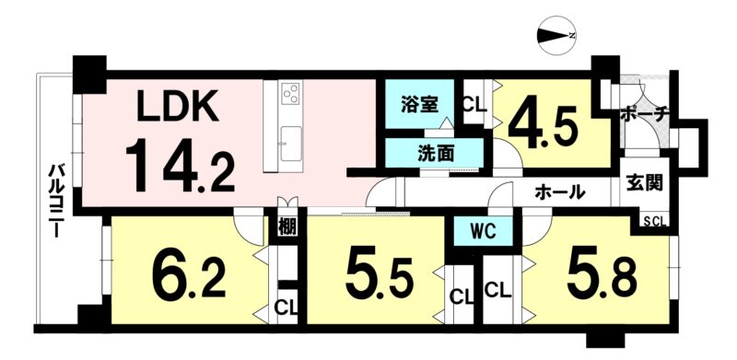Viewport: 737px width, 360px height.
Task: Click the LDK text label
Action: [177, 106]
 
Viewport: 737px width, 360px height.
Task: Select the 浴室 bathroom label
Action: [420, 105]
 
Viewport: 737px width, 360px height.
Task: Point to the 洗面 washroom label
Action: [436, 153]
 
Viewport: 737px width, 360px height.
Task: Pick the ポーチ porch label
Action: [644, 114]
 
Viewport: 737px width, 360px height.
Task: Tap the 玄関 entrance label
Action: [644, 183]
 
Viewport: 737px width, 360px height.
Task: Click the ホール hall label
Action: [559, 192]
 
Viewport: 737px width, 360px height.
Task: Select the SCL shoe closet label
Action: [655, 222]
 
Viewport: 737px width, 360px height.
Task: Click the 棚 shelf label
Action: [287, 226]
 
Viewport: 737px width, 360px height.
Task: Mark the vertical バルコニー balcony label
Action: [56, 200]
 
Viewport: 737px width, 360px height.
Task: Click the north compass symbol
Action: [557, 36]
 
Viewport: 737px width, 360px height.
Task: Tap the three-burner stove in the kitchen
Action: [291, 93]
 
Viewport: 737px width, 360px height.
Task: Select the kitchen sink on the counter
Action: [291, 144]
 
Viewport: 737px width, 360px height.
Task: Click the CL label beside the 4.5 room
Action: [475, 105]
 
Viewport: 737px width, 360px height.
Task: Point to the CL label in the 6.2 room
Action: [286, 308]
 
